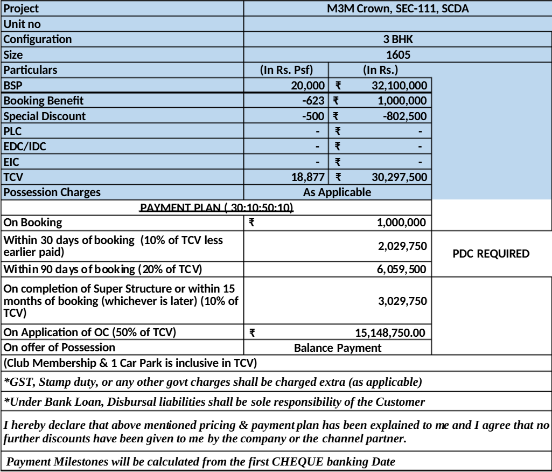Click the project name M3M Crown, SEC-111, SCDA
point(398,9)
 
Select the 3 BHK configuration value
point(398,39)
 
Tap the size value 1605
point(398,54)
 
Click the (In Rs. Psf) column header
point(287,70)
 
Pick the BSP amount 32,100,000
point(399,85)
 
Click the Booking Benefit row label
point(44,100)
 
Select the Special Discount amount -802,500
point(404,116)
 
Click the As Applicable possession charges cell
point(338,192)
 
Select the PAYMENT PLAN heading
point(216,207)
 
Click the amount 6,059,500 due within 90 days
point(402,268)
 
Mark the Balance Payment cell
point(338,348)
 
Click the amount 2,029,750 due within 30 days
point(402,246)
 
